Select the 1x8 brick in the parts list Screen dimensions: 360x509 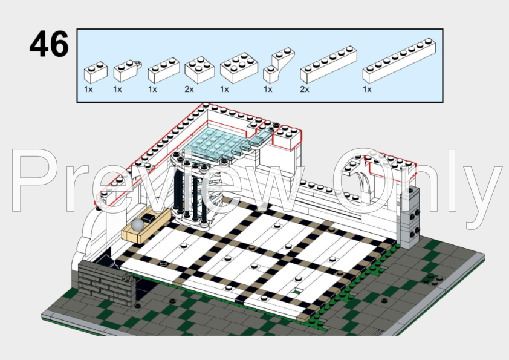click(x=399, y=61)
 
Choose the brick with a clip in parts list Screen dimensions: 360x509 click(x=126, y=70)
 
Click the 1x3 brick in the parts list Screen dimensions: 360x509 click(x=163, y=70)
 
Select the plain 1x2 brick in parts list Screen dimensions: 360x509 click(x=96, y=71)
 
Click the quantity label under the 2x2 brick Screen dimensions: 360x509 click(x=189, y=89)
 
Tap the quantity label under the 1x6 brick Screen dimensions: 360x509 click(x=305, y=89)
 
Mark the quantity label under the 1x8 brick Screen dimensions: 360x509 click(x=367, y=89)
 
